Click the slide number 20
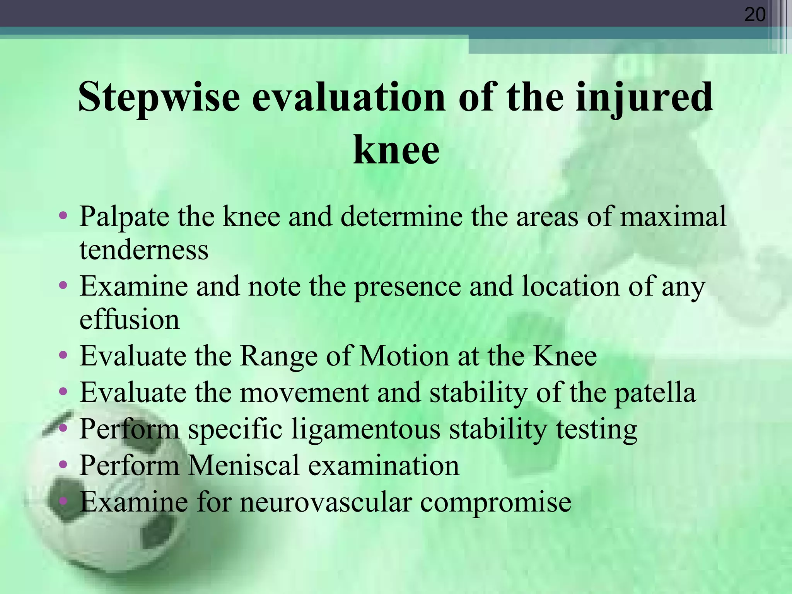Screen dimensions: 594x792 [x=754, y=15]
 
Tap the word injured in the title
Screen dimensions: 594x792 [x=643, y=97]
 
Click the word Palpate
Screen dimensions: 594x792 [x=124, y=217]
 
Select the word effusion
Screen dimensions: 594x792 [x=130, y=320]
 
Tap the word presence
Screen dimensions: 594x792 [x=407, y=287]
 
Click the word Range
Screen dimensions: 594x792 [x=278, y=356]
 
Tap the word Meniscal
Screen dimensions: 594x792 [x=243, y=465]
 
